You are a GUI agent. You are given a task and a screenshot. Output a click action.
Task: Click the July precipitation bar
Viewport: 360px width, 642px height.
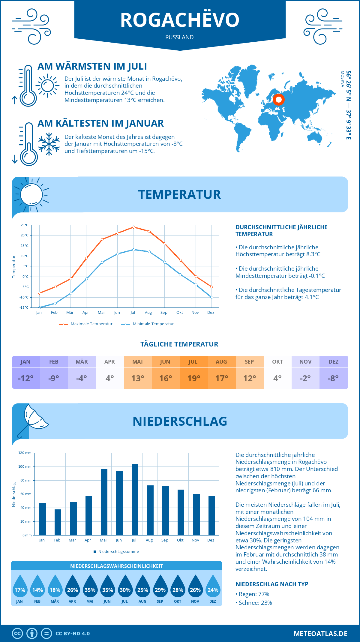pyautogui.click(x=135, y=499)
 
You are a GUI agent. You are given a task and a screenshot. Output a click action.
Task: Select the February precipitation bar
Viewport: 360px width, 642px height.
pyautogui.click(x=58, y=522)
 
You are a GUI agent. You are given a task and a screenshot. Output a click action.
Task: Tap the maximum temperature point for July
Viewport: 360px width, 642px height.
pyautogui.click(x=133, y=227)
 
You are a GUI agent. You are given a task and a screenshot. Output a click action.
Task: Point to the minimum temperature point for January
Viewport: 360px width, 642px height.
pyautogui.click(x=40, y=307)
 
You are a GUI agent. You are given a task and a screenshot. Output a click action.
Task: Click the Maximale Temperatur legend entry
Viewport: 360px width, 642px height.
pyautogui.click(x=86, y=324)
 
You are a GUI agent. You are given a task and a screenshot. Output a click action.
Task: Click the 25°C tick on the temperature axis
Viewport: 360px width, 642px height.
pyautogui.click(x=25, y=225)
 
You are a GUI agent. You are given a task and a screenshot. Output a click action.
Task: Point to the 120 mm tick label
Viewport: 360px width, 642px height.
pyautogui.click(x=25, y=453)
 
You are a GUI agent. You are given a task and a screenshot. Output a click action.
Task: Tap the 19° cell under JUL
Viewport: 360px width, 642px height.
pyautogui.click(x=194, y=378)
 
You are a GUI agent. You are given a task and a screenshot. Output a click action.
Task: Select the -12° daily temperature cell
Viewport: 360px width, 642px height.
pyautogui.click(x=26, y=378)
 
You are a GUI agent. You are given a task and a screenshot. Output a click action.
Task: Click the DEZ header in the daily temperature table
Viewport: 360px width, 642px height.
pyautogui.click(x=334, y=362)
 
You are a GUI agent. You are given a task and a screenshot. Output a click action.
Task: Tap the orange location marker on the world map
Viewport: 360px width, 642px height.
pyautogui.click(x=279, y=99)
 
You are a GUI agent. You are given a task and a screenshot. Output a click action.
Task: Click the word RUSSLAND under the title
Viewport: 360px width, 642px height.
pyautogui.click(x=179, y=37)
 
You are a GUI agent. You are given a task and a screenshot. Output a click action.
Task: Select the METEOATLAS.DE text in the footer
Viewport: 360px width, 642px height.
pyautogui.click(x=320, y=634)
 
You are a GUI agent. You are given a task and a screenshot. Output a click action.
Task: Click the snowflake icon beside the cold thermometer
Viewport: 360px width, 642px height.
pyautogui.click(x=49, y=144)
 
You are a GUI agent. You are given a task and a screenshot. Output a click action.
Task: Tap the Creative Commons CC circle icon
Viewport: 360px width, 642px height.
pyautogui.click(x=17, y=634)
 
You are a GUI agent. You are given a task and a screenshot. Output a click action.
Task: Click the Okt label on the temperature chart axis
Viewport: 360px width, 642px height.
pyautogui.click(x=179, y=313)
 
